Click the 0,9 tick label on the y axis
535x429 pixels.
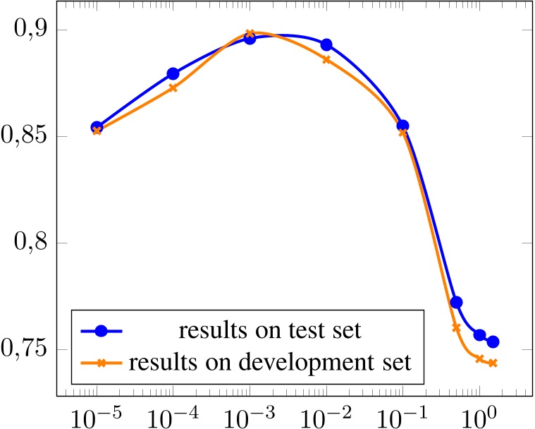pos(25,30)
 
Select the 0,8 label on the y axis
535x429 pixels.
pos(25,243)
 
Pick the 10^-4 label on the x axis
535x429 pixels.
pos(173,411)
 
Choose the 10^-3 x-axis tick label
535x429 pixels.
pos(250,411)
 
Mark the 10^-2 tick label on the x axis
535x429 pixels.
pos(326,411)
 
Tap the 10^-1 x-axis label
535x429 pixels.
pos(402,411)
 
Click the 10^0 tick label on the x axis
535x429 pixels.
pos(479,411)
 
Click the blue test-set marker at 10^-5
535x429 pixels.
pos(97,128)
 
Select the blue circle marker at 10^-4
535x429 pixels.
pos(173,74)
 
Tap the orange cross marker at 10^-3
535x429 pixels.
pos(250,33)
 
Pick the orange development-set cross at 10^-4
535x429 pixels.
pos(173,87)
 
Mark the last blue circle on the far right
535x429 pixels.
pos(493,342)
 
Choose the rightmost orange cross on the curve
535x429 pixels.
pos(493,363)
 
